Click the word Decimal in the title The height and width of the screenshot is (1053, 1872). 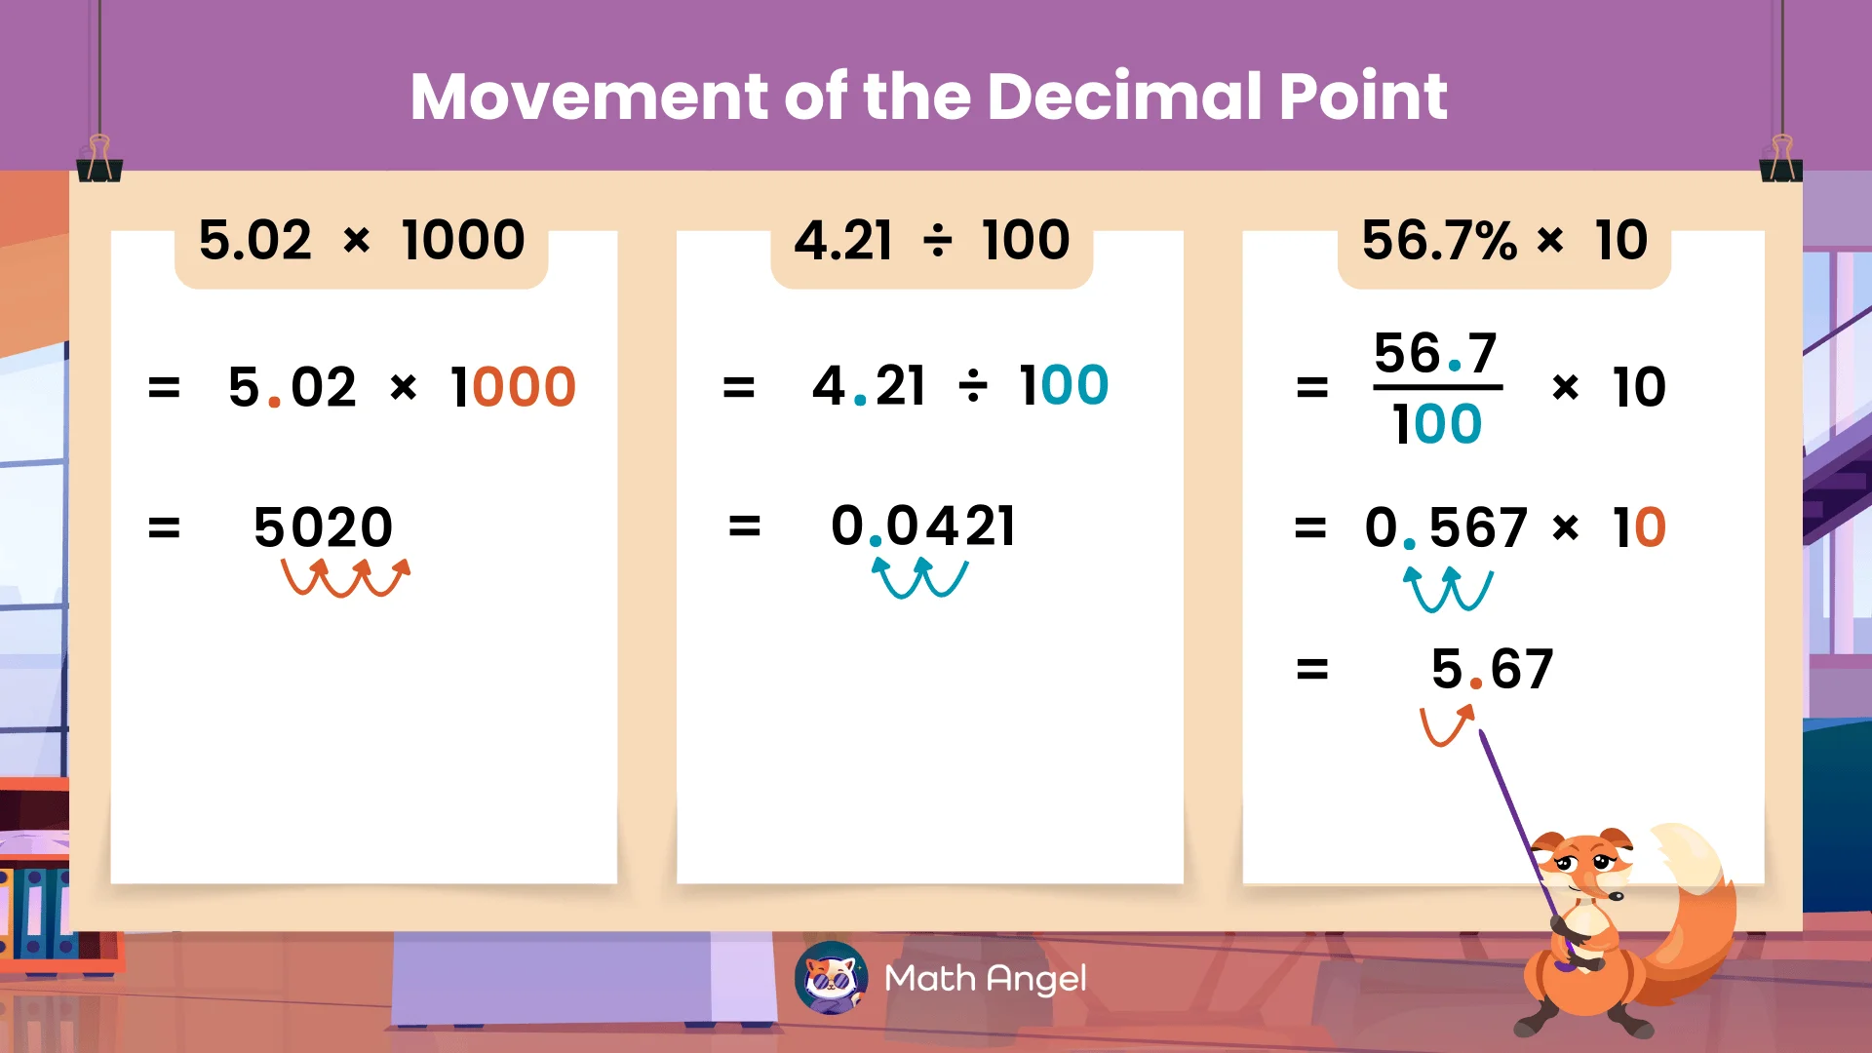[1125, 97]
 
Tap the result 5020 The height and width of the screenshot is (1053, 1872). [323, 527]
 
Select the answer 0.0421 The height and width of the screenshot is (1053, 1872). [922, 526]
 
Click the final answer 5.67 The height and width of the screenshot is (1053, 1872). [1492, 670]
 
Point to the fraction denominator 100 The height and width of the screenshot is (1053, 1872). [1437, 424]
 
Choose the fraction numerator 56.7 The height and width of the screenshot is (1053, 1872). [1435, 353]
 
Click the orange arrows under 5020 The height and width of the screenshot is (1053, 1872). [345, 577]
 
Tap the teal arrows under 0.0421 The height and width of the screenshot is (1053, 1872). [919, 577]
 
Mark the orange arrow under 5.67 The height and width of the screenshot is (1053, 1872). [1446, 726]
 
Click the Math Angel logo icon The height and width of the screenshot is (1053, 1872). [831, 978]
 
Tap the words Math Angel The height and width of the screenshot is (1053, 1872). [985, 978]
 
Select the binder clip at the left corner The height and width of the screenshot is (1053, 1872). [99, 161]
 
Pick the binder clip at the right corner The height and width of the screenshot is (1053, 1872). [1781, 161]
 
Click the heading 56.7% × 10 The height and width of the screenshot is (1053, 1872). [1503, 241]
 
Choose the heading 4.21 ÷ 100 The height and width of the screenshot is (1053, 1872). [931, 241]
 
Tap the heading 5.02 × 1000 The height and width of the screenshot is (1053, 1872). [362, 241]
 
